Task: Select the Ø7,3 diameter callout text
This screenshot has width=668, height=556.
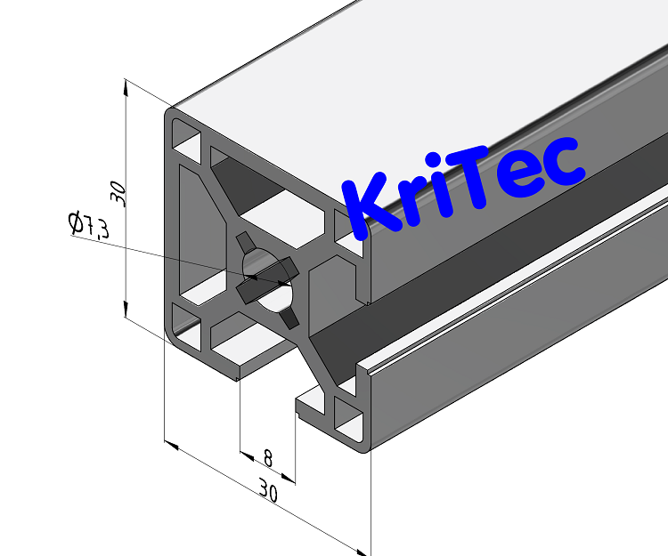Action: tap(88, 225)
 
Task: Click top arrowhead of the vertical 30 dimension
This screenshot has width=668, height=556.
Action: tap(127, 85)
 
